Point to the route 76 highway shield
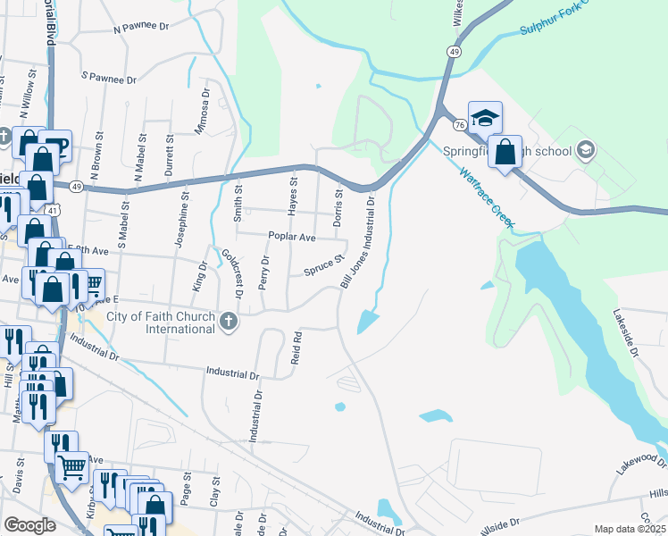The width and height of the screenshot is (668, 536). (457, 123)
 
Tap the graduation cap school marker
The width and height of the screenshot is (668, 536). (484, 119)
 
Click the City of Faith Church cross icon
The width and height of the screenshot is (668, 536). (229, 321)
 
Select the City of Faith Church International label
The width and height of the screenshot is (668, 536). (161, 322)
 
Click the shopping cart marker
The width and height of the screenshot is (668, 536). (71, 465)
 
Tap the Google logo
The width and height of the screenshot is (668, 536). (29, 525)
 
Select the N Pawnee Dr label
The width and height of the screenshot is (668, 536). (141, 29)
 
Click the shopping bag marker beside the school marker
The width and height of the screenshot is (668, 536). (505, 153)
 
